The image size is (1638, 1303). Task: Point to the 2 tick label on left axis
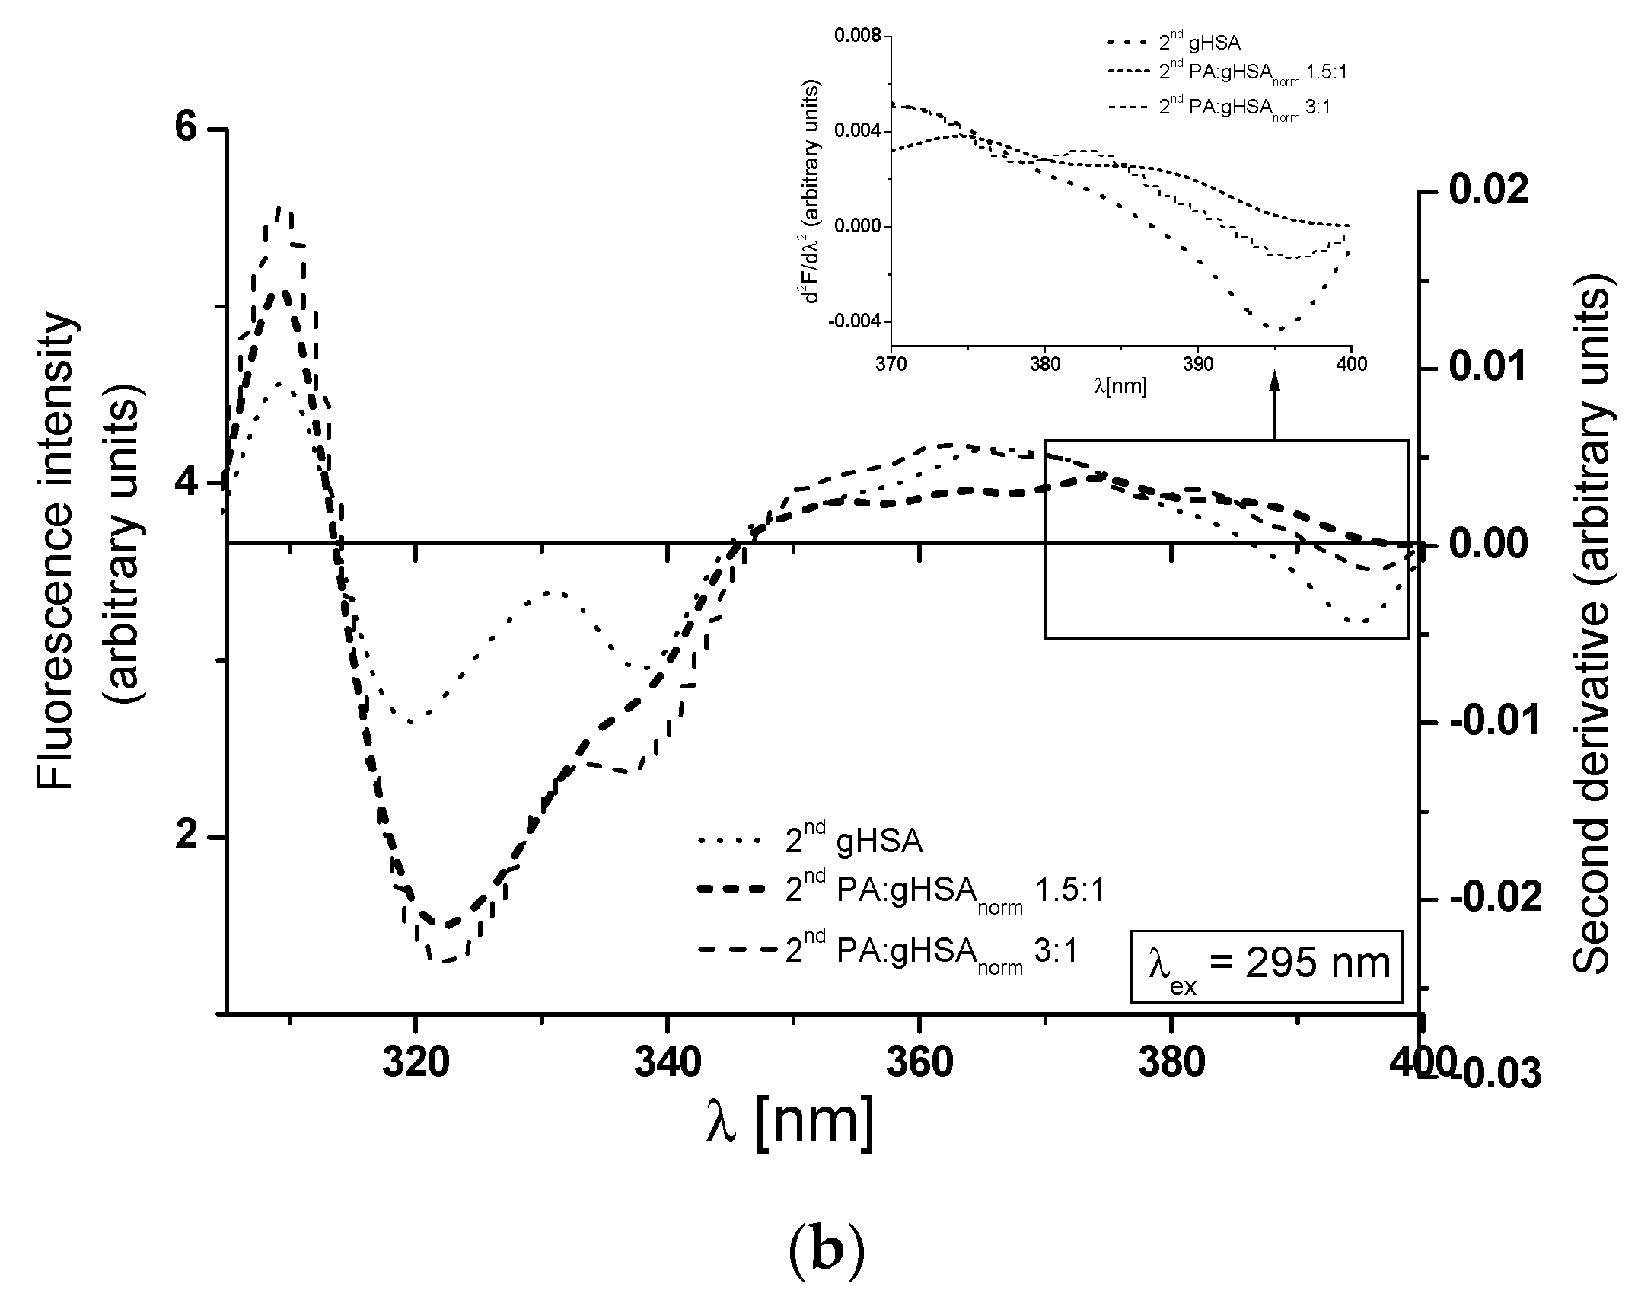(193, 836)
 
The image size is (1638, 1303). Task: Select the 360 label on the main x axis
(919, 1062)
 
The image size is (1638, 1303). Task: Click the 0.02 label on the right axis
(1487, 190)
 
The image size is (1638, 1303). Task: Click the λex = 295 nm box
(1266, 966)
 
